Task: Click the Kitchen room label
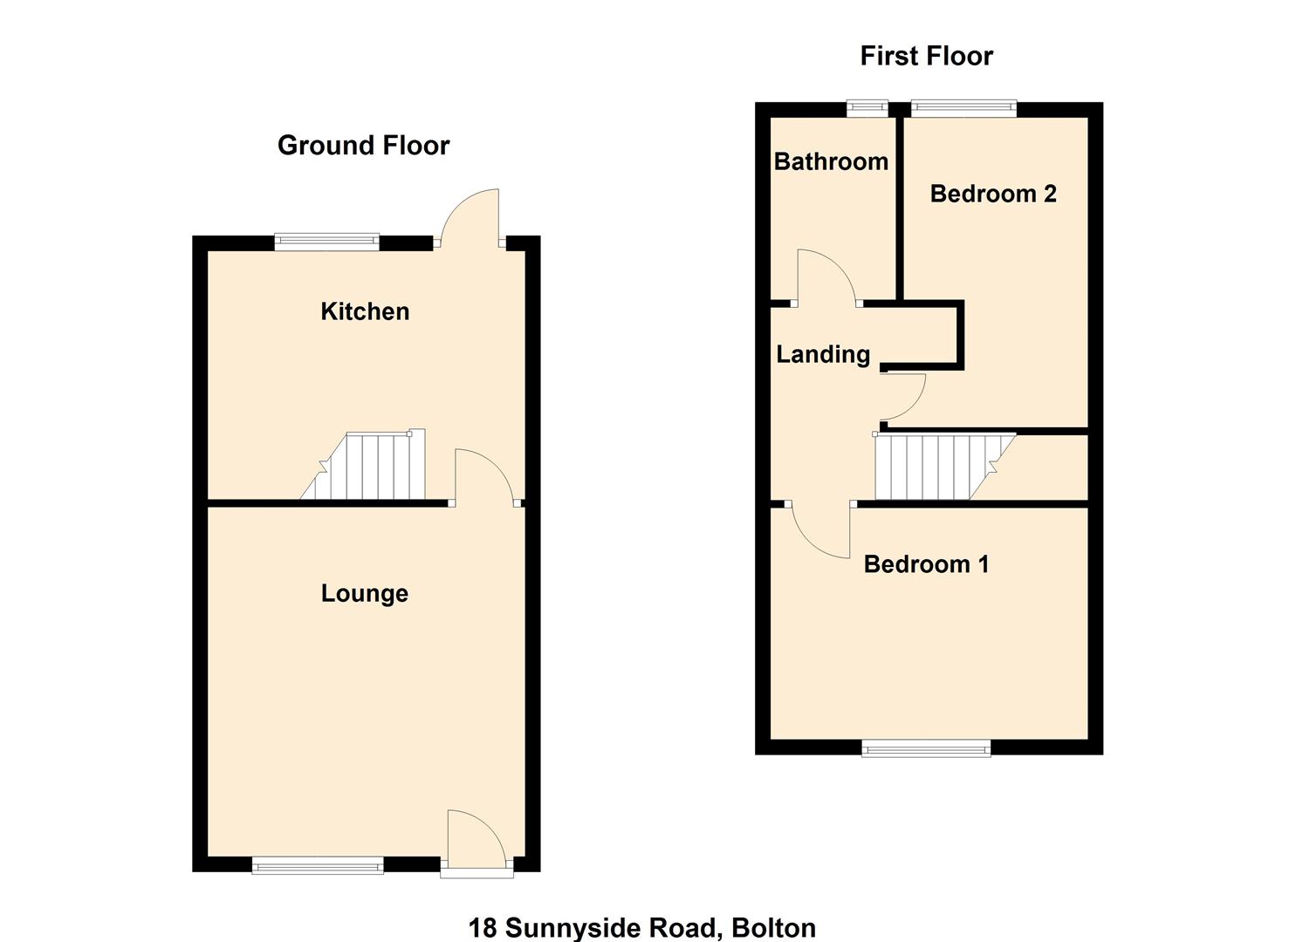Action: point(365,311)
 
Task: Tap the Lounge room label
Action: point(365,593)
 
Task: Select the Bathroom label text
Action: point(831,161)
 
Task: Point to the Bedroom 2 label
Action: point(993,194)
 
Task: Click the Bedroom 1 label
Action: point(926,564)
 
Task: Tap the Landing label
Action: point(823,354)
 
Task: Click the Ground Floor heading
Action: point(363,145)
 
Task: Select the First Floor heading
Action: point(926,56)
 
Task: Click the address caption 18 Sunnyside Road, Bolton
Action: point(642,927)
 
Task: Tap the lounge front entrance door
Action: point(475,839)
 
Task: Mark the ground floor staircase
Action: point(367,467)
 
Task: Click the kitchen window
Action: point(326,242)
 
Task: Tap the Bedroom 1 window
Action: point(926,747)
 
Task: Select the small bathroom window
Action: point(867,109)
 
